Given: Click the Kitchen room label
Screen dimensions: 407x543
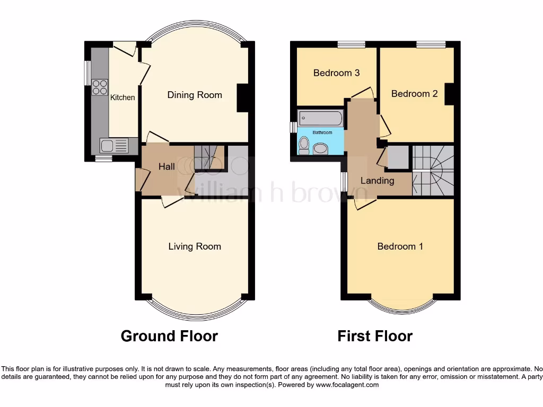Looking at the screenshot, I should point(122,98).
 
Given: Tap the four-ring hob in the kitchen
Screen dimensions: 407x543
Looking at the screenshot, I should point(99,86).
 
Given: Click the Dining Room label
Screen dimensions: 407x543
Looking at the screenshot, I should point(195,95).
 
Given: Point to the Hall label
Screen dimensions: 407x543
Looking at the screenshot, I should point(167,167).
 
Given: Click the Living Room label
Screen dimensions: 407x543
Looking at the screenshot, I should point(195,246).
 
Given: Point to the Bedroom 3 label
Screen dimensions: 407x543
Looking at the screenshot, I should point(336,73).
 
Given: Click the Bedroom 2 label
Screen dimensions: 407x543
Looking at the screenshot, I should point(414,94).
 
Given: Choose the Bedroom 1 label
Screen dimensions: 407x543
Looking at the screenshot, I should point(400,246).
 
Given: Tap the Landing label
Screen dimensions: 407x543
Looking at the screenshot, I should point(377,181).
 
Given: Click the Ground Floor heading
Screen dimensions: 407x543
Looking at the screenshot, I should point(169,336).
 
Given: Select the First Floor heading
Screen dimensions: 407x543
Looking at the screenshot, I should point(375,336).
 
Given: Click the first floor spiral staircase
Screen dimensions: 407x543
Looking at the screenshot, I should point(434,170).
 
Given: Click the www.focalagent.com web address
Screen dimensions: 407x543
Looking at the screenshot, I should point(347,385).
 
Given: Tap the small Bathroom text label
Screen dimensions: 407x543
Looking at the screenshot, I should point(322,132).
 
